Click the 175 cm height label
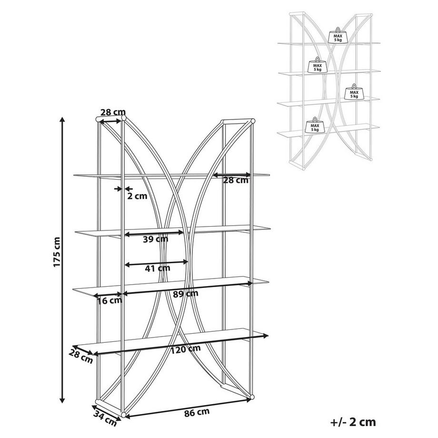pos(57,252)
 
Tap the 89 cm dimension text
pos(185,293)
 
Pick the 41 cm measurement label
pos(157,268)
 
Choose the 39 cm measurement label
pos(155,239)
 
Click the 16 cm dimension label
pos(109,300)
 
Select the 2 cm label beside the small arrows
pos(137,195)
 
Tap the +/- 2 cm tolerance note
pos(353,421)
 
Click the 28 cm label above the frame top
pos(112,112)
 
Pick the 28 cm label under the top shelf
pos(236,180)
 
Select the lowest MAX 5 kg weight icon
pos(315,125)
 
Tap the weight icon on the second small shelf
pos(317,66)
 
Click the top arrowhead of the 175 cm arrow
pos(62,118)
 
